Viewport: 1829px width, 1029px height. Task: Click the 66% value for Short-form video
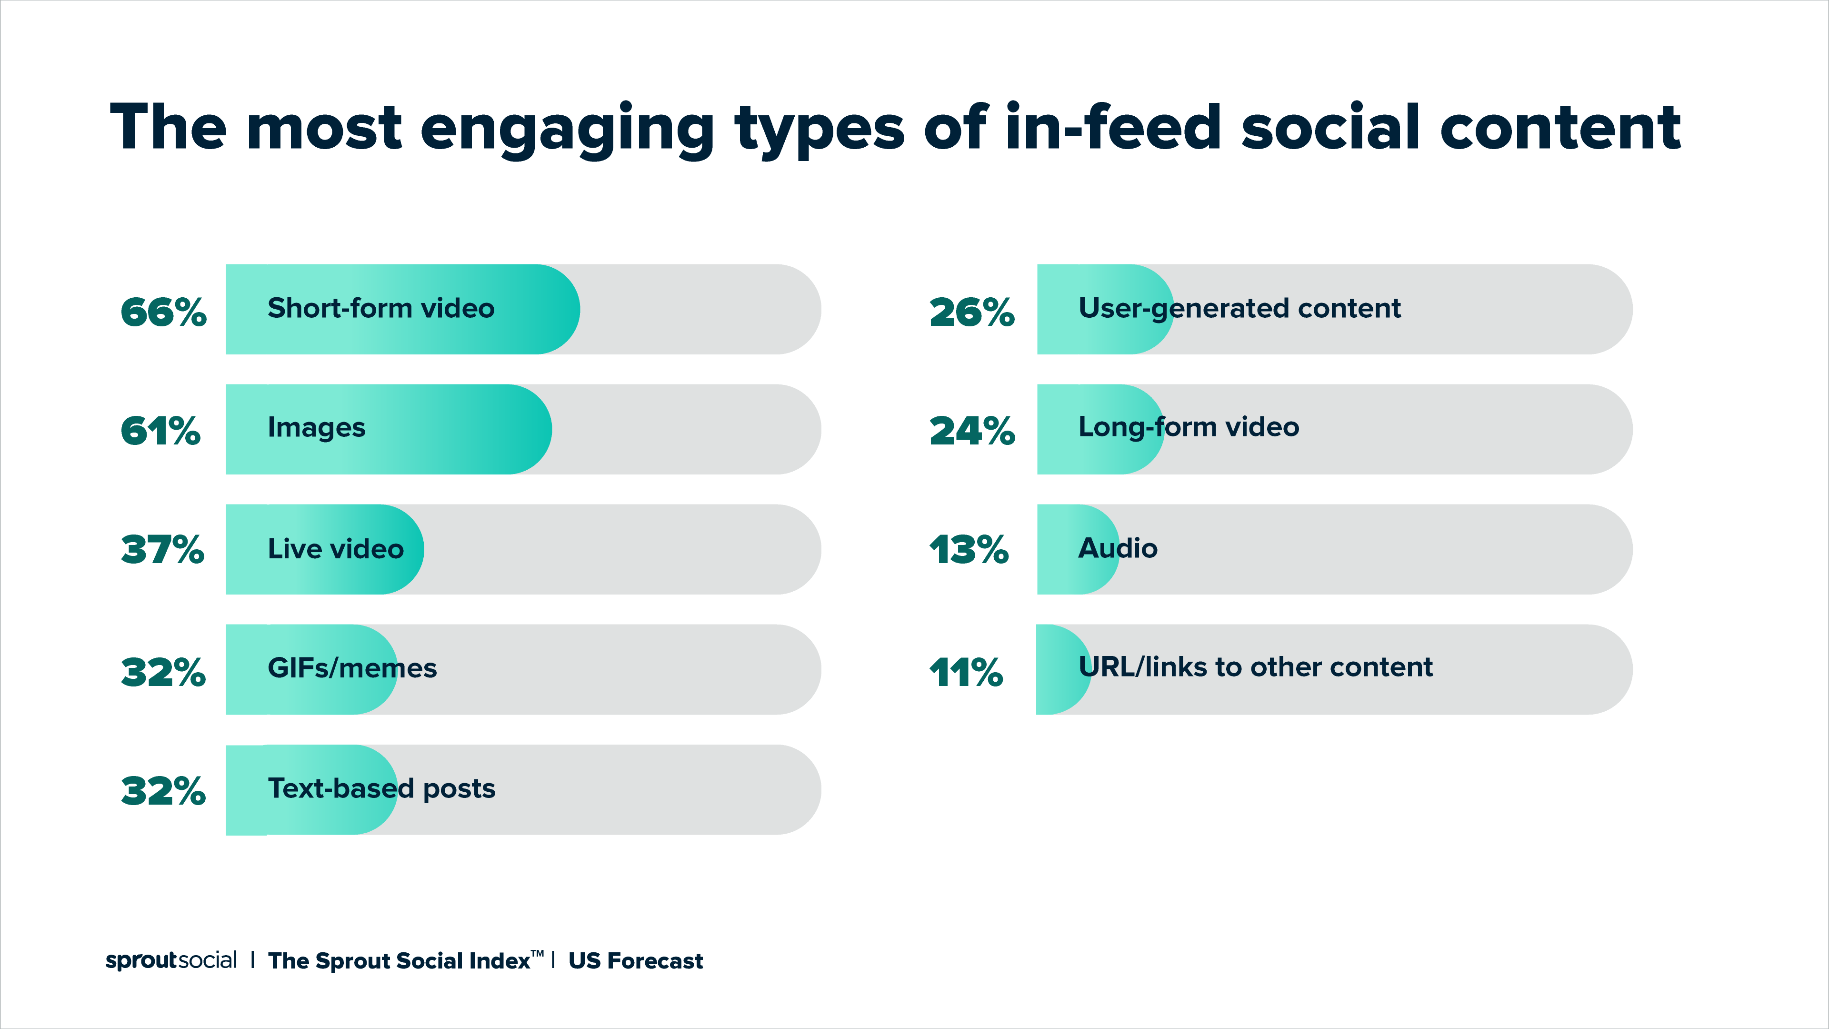coord(163,312)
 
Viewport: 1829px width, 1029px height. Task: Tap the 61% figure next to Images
coord(160,431)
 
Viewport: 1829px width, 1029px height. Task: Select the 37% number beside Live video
coord(162,550)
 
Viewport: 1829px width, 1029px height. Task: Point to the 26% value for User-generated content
coord(972,312)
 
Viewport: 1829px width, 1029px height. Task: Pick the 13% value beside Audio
coord(969,550)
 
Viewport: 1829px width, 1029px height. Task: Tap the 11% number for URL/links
coord(966,672)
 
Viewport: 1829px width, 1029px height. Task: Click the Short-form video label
coord(380,308)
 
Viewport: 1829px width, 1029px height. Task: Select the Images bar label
coord(316,427)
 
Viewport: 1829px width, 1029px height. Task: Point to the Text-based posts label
coord(381,788)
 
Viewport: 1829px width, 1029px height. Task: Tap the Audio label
coord(1118,548)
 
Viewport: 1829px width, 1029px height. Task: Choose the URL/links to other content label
coord(1255,667)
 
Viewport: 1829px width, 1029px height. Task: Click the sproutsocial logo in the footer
coord(171,960)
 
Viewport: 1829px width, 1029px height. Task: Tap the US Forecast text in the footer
coord(636,961)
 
